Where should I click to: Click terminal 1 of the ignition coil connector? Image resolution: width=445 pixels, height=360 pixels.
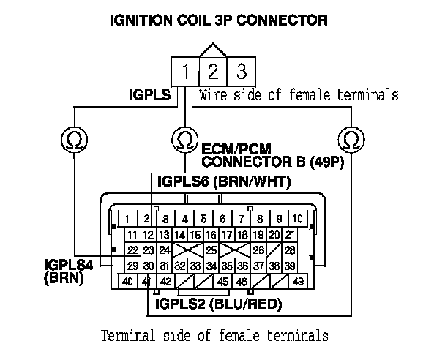click(x=187, y=72)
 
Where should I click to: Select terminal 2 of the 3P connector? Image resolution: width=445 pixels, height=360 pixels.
click(x=214, y=72)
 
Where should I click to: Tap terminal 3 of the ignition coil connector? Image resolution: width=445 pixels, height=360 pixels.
click(x=241, y=72)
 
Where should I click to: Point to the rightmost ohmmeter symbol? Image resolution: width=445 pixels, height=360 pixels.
click(x=352, y=138)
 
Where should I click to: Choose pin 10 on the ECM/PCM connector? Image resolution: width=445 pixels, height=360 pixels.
click(x=297, y=218)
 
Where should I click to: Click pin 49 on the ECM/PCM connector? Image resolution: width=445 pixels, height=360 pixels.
click(x=298, y=281)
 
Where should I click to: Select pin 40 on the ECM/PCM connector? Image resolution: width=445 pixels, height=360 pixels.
click(x=128, y=281)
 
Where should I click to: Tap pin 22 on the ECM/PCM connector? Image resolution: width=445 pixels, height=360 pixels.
click(x=133, y=250)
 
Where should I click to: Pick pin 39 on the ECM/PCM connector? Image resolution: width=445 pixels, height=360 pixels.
click(x=291, y=266)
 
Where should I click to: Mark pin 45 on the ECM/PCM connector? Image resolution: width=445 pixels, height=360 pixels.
click(x=222, y=281)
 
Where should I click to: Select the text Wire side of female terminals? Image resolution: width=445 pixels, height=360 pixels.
click(x=299, y=94)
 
